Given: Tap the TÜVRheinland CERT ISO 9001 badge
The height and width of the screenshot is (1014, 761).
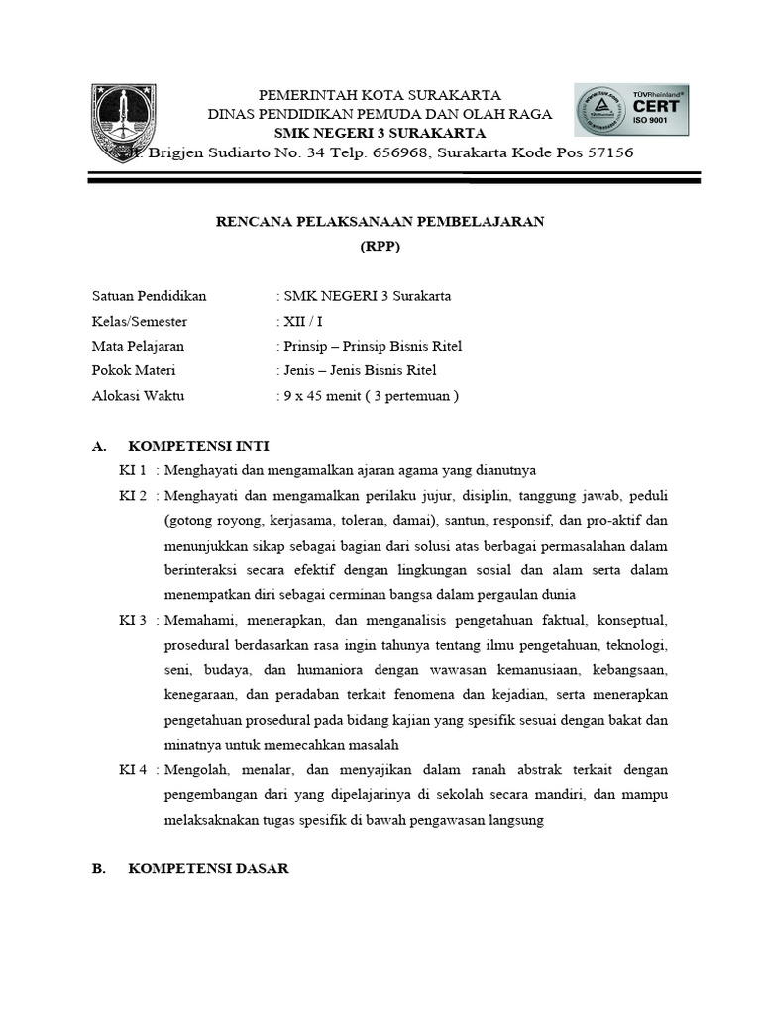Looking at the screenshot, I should click(630, 117).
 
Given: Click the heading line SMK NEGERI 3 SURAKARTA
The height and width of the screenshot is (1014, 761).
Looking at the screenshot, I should click(380, 133).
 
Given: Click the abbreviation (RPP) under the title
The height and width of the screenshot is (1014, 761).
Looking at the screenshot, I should click(380, 248).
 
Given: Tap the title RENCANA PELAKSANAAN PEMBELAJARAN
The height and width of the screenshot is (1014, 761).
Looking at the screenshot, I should click(380, 222).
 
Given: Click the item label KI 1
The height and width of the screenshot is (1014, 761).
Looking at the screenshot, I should click(133, 469).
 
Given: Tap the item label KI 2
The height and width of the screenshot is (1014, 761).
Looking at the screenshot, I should click(133, 495).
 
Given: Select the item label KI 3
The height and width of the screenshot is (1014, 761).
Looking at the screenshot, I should click(133, 621).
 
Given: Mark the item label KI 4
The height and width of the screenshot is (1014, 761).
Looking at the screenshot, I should click(133, 769).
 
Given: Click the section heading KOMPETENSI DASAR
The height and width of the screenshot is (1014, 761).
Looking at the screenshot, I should click(208, 868).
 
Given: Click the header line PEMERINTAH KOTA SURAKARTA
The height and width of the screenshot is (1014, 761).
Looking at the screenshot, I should click(380, 95).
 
